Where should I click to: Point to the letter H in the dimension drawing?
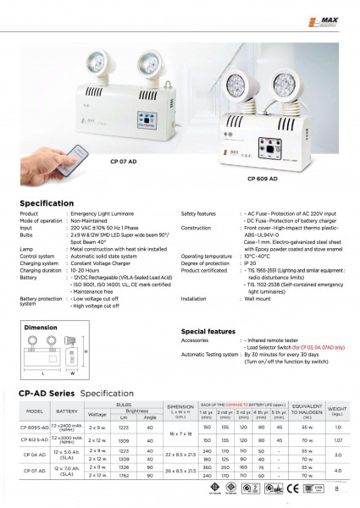click(85, 352)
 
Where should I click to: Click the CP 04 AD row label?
click(36, 454)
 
